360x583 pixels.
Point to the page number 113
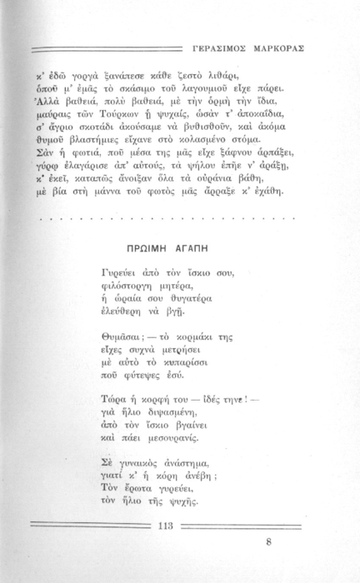click(164, 525)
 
